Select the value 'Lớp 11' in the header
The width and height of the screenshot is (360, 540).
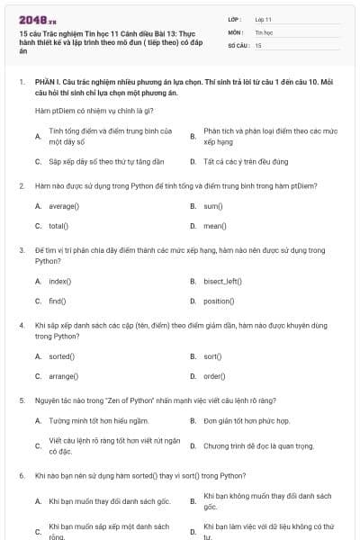coord(264,18)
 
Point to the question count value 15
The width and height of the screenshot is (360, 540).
coord(258,44)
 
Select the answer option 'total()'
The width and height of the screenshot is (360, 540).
coord(58,226)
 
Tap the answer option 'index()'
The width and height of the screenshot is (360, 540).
coord(59,281)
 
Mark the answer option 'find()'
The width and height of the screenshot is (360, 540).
coord(58,301)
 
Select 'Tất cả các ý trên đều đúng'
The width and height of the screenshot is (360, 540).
coord(245,162)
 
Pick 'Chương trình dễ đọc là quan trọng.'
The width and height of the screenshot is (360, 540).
coord(258,445)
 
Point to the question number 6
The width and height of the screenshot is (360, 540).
coord(21,474)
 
